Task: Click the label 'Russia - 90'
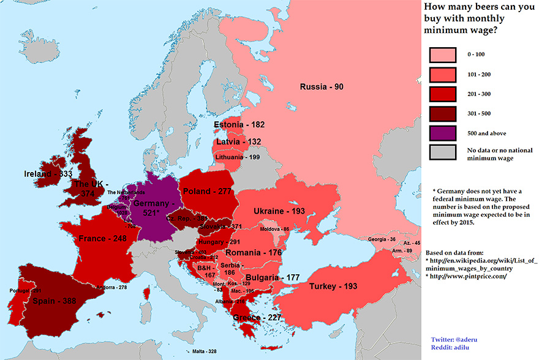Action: pos(321,87)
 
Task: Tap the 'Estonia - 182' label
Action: pos(239,125)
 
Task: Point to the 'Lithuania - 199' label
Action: pos(238,157)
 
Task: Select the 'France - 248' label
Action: pos(101,238)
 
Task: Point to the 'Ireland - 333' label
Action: pos(48,174)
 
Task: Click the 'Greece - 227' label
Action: pos(255,318)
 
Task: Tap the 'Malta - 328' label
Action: pos(203,351)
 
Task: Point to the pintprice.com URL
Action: pos(461,276)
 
